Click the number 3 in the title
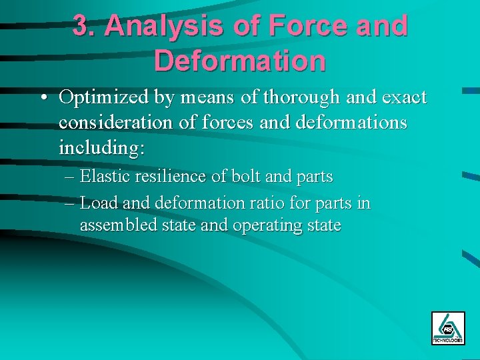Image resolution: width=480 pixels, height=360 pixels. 82,27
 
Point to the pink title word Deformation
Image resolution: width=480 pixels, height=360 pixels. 240,60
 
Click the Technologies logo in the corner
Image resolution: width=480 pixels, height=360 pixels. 448,328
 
